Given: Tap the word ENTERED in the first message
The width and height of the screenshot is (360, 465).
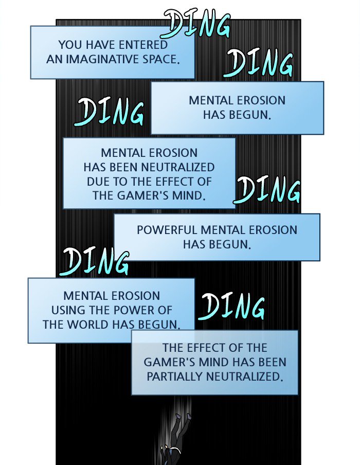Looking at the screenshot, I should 140,45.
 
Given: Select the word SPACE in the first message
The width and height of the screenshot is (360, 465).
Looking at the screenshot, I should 160,59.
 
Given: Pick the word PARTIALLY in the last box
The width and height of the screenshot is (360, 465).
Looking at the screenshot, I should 175,376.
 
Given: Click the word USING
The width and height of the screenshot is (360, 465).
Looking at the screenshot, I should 66,310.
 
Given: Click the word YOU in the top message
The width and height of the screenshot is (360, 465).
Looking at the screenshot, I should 69,45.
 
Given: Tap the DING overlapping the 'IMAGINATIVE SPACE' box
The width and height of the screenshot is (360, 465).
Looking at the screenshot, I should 197,24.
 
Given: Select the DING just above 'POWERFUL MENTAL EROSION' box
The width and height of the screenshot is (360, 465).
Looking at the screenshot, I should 266,190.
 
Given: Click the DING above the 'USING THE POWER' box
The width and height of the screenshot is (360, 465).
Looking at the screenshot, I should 95,262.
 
